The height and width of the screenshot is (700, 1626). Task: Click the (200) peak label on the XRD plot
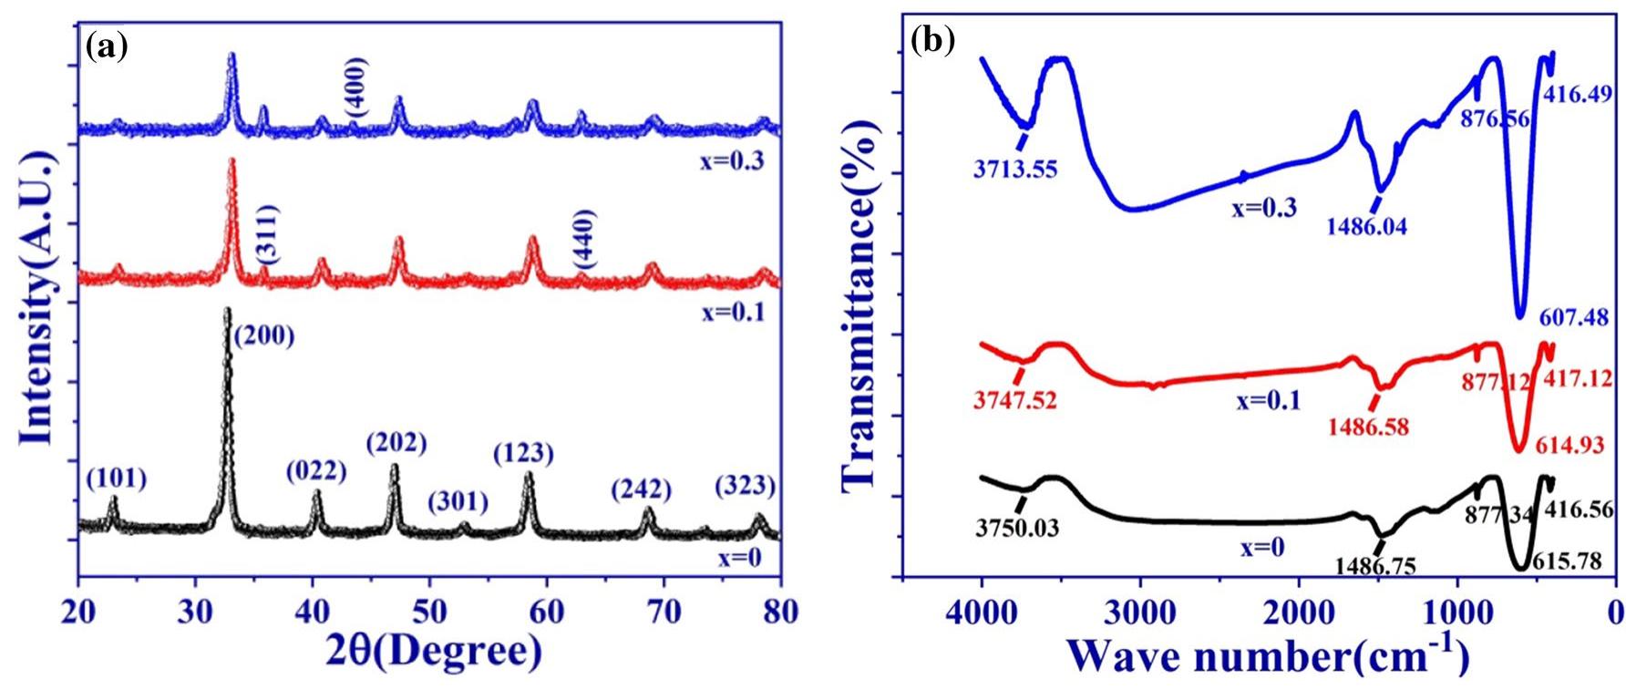pyautogui.click(x=264, y=336)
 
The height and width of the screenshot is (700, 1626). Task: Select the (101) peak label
pyautogui.click(x=116, y=479)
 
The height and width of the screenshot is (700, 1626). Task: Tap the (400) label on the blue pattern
pyautogui.click(x=356, y=86)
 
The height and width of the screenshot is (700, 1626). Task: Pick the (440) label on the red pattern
pyautogui.click(x=584, y=239)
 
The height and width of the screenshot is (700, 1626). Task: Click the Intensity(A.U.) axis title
pyautogui.click(x=38, y=299)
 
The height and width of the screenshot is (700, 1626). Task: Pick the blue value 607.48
pyautogui.click(x=1574, y=318)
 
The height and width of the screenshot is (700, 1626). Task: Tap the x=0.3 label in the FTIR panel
pyautogui.click(x=1263, y=208)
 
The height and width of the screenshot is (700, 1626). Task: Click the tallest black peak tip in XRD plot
pyautogui.click(x=227, y=311)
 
